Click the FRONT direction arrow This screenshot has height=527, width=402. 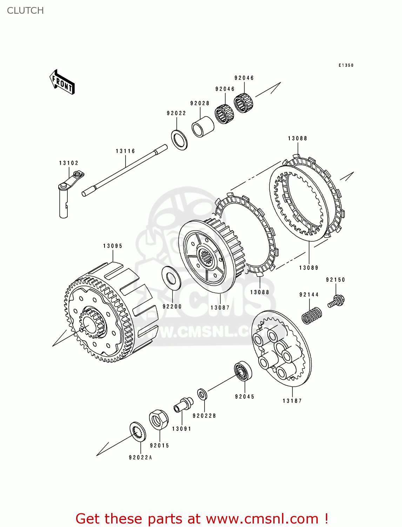click(x=62, y=82)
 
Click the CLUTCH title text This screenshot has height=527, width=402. click(x=25, y=11)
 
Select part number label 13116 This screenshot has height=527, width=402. click(x=125, y=151)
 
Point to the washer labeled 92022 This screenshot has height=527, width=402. click(x=179, y=140)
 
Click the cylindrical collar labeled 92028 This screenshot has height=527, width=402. click(x=202, y=127)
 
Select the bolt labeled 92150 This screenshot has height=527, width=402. click(x=336, y=301)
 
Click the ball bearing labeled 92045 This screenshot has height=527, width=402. click(x=243, y=371)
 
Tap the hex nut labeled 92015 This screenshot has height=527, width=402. click(x=159, y=419)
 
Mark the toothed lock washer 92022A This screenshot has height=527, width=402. click(x=138, y=432)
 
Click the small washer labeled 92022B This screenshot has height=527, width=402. click(x=202, y=394)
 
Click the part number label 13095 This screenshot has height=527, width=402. click(x=113, y=246)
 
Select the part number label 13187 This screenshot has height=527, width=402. click(x=292, y=401)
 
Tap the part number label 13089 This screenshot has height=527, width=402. click(x=308, y=268)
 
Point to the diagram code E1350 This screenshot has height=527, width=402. click(x=346, y=65)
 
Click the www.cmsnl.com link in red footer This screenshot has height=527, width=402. click(x=262, y=519)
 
